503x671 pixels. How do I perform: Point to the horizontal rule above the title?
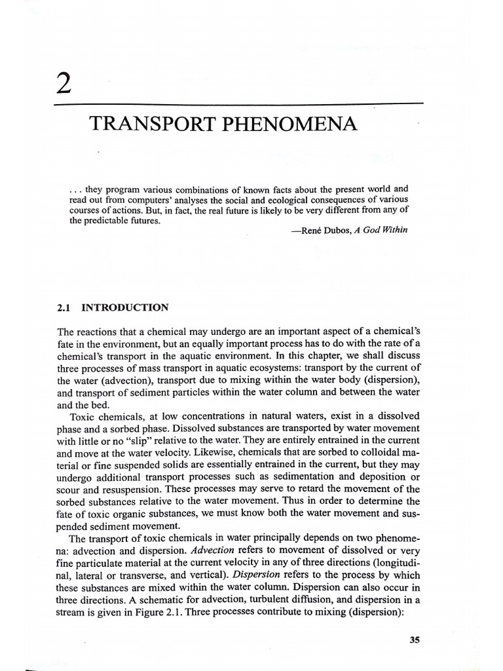[x=239, y=104]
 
